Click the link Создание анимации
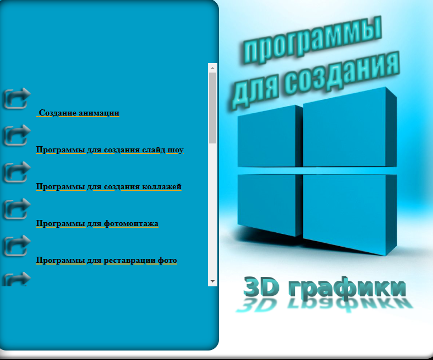point(79,113)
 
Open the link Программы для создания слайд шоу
point(110,150)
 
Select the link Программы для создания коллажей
point(108,187)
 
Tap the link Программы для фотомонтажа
point(97,223)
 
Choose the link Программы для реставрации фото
point(106,261)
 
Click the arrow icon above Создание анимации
point(17,98)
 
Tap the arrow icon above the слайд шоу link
point(17,135)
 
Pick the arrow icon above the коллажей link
point(17,171)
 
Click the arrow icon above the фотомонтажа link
point(17,209)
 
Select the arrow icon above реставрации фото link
point(17,246)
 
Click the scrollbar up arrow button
point(212,68)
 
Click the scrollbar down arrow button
point(212,281)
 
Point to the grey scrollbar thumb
point(212,108)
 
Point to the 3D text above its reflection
point(261,287)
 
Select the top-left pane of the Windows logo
point(270,137)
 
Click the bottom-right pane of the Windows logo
point(350,214)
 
